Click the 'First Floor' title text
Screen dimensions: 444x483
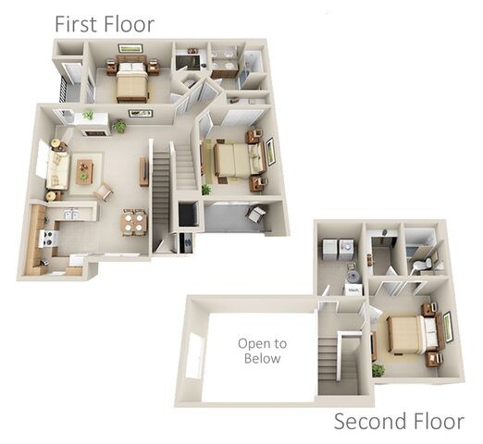[104, 24]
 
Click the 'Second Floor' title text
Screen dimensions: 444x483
[398, 422]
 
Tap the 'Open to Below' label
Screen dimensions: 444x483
[262, 351]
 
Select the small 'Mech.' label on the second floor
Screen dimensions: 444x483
[353, 289]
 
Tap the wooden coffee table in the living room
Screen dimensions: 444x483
[84, 171]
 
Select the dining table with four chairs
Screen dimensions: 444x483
[134, 222]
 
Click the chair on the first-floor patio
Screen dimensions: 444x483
[256, 216]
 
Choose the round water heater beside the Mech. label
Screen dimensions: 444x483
[352, 274]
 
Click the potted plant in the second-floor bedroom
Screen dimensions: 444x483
[378, 369]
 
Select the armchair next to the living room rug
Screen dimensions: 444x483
[104, 192]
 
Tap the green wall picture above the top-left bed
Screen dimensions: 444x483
[130, 48]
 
